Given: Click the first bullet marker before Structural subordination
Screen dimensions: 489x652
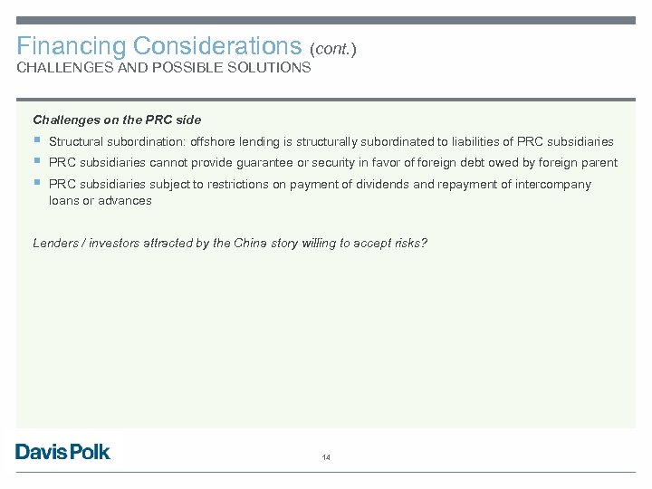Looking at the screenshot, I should coord(36,140).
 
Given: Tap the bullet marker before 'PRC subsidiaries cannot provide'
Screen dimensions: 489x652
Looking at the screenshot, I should coord(36,161).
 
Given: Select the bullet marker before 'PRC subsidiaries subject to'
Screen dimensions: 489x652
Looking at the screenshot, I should coord(36,183).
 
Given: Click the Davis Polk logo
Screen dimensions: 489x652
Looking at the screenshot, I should coord(62,451).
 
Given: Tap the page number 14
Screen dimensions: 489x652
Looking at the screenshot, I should coord(326,458).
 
